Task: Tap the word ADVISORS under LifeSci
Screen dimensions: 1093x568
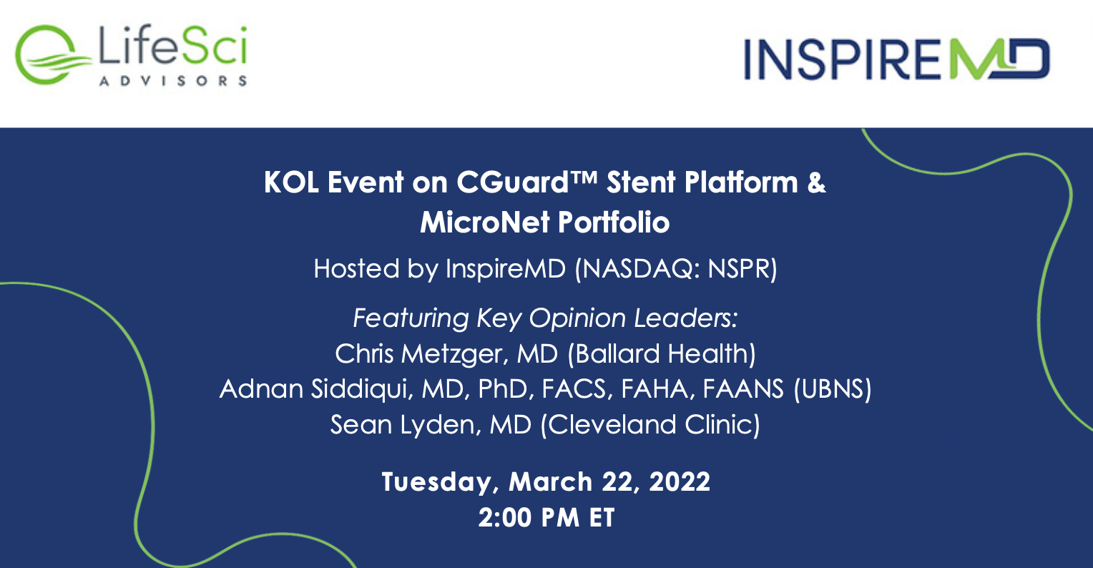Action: [x=173, y=81]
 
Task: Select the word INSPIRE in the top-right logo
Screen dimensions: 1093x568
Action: [x=842, y=59]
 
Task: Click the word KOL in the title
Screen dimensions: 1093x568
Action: [x=291, y=182]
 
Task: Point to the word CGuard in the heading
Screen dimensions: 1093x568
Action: [x=512, y=182]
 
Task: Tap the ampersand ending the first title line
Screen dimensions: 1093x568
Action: [x=816, y=182]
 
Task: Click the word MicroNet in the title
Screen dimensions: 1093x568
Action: [x=485, y=222]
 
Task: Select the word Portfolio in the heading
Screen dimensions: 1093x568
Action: [x=614, y=222]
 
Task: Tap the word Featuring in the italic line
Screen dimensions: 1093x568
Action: [x=411, y=319]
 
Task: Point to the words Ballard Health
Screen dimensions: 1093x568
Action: [x=662, y=354]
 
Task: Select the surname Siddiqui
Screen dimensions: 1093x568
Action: [x=359, y=389]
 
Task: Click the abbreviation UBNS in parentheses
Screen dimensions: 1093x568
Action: [x=833, y=389]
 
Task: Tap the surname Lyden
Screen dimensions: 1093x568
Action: [x=437, y=425]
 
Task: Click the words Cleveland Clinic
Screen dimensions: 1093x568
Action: [x=650, y=424]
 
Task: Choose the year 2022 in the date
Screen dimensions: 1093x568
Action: [x=680, y=482]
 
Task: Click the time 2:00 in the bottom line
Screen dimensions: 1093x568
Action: [x=504, y=518]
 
